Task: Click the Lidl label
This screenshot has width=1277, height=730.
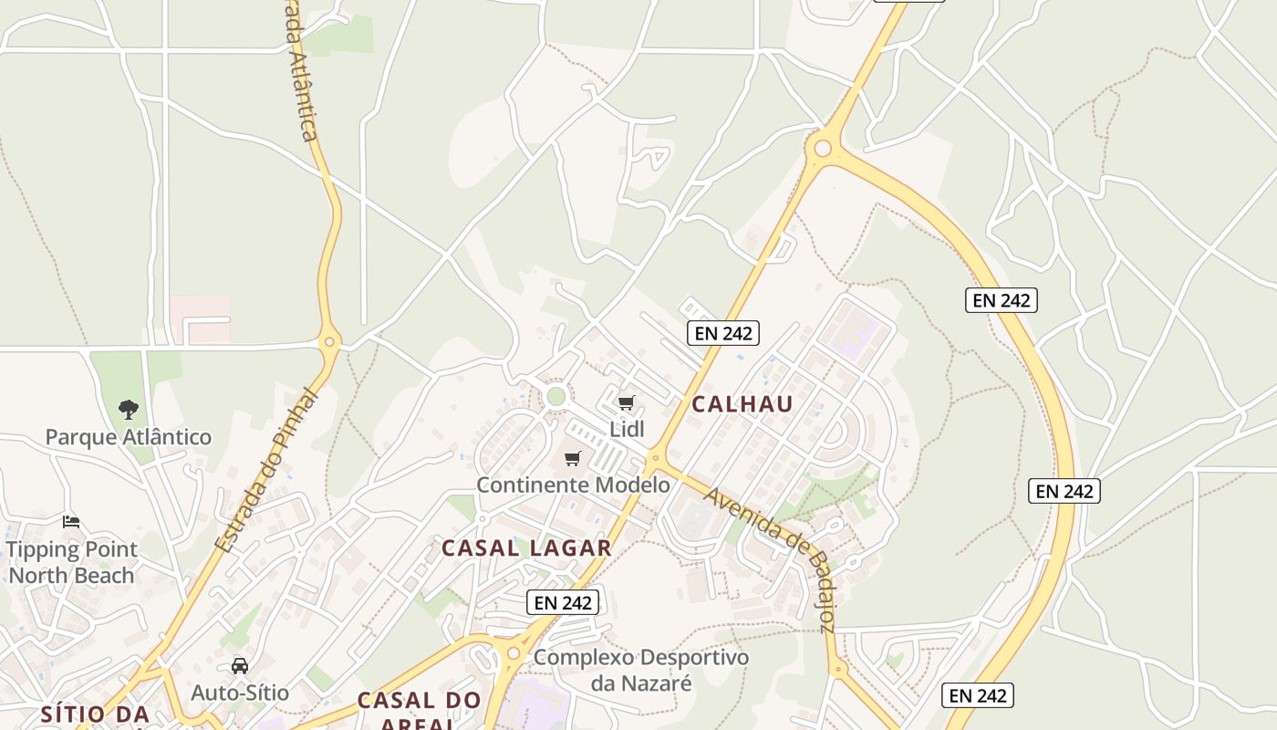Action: click(x=627, y=428)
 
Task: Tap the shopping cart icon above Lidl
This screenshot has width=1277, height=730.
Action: click(x=627, y=402)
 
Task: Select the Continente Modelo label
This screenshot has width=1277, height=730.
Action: click(x=573, y=485)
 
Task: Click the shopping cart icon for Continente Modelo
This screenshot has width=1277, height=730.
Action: click(x=573, y=459)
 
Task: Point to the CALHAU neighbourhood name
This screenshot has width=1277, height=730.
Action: click(x=742, y=404)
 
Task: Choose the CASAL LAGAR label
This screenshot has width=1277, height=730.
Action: click(x=526, y=548)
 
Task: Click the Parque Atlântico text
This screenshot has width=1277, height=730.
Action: click(x=129, y=437)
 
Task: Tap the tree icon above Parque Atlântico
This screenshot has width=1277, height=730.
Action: click(x=129, y=410)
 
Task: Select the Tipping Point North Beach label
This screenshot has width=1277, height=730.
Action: click(x=71, y=562)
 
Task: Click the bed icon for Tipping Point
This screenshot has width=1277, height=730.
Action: click(x=71, y=522)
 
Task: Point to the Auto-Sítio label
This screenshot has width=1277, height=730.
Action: click(x=240, y=693)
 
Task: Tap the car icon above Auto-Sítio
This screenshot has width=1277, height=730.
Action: click(x=240, y=666)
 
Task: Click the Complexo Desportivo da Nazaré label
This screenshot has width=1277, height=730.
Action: click(x=641, y=670)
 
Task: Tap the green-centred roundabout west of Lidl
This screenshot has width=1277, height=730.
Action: click(x=555, y=396)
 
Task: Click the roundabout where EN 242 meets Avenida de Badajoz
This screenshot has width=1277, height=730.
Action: click(x=655, y=457)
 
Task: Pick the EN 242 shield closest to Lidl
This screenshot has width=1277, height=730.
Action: click(x=723, y=333)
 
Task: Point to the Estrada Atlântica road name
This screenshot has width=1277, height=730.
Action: click(x=303, y=73)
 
